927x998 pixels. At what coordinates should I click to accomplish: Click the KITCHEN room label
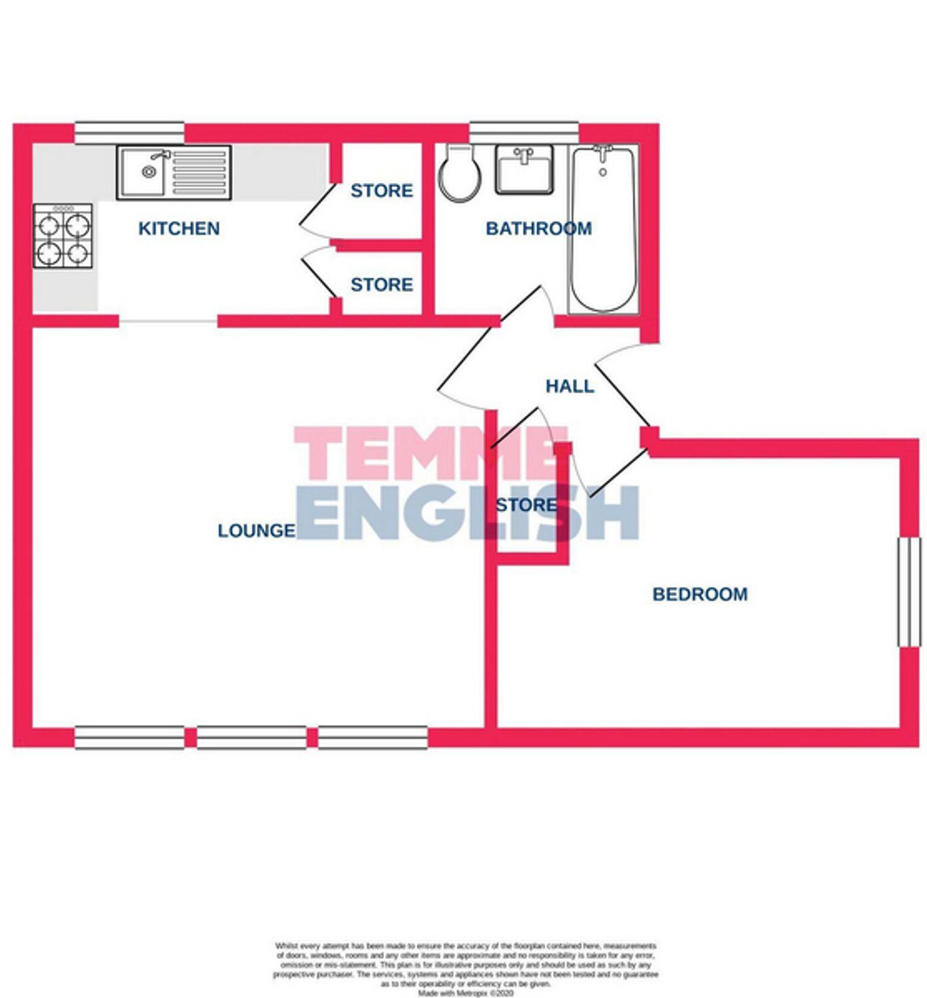click(x=178, y=228)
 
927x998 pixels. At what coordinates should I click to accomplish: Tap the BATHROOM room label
click(x=538, y=228)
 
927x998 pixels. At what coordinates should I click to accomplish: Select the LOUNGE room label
click(x=256, y=530)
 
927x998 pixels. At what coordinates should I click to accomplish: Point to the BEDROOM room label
click(x=699, y=594)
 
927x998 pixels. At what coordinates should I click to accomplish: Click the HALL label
click(x=570, y=386)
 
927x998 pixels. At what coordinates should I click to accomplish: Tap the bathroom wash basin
click(x=524, y=170)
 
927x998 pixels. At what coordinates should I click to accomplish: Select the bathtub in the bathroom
click(x=603, y=230)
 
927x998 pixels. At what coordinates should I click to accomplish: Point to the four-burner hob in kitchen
click(x=63, y=236)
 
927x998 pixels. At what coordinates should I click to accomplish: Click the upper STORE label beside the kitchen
click(x=381, y=191)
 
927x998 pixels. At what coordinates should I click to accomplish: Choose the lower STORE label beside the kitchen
click(x=381, y=285)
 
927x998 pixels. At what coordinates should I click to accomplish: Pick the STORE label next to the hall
click(x=526, y=505)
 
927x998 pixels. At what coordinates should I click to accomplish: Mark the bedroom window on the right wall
click(x=909, y=592)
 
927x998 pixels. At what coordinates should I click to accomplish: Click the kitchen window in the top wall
click(x=129, y=132)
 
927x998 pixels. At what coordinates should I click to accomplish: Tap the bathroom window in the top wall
click(x=524, y=132)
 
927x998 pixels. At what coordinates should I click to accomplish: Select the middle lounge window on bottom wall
click(x=252, y=737)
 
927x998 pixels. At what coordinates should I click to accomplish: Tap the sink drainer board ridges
click(x=199, y=173)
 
